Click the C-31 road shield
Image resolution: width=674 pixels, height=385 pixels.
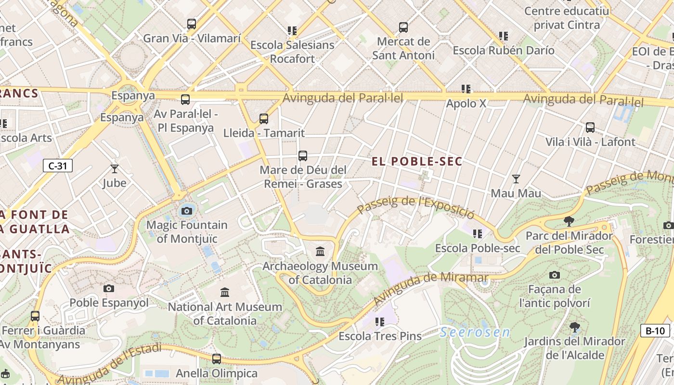pos(58,166)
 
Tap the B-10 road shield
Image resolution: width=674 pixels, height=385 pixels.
pos(655,331)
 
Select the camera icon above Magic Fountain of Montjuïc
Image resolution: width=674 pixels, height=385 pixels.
pos(187,211)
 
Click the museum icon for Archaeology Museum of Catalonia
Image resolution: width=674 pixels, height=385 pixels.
pos(320,251)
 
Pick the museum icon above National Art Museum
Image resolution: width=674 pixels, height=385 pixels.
pos(225,292)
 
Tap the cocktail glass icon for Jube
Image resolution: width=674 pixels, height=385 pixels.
pos(115,168)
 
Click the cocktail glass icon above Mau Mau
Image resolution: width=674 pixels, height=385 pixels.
pos(516,179)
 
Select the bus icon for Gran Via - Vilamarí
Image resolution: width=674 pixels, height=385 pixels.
pos(192,24)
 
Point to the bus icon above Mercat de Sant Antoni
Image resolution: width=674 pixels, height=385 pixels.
pos(403,27)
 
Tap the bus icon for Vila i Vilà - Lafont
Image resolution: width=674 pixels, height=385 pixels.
pos(590,128)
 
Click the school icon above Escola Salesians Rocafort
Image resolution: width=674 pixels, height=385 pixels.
pos(292,31)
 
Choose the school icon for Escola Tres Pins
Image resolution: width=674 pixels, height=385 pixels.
pos(380,321)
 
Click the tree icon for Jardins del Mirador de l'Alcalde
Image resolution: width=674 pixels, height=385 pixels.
pos(574,327)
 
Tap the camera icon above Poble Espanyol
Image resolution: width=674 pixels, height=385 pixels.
pos(109,288)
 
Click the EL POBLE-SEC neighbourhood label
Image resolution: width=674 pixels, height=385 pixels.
pos(417,162)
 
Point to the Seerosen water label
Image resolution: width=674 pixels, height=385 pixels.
pos(475,332)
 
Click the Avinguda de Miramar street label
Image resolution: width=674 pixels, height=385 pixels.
pos(430,287)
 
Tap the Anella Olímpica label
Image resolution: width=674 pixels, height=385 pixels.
pos(217,373)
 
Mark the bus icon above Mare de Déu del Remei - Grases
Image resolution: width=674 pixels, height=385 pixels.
pos(303,156)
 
